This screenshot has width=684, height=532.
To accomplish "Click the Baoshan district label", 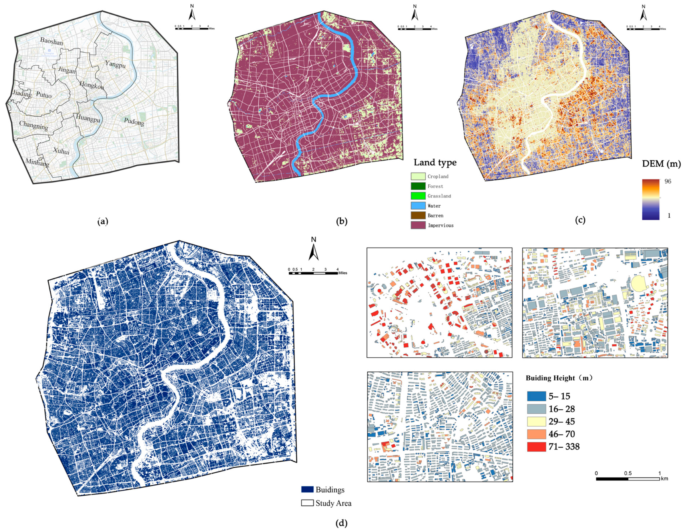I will click(x=51, y=41).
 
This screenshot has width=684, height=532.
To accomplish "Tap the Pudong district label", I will click(x=134, y=122).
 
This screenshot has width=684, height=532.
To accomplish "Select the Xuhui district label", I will click(x=61, y=151).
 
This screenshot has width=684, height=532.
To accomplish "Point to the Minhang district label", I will click(x=37, y=163).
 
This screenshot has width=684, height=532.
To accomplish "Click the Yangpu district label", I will click(x=115, y=64).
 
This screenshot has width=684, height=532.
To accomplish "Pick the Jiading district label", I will click(x=22, y=93).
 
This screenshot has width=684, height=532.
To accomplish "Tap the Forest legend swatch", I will click(x=418, y=186).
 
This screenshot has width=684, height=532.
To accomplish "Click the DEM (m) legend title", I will click(x=661, y=164).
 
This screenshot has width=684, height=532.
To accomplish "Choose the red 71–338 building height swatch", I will click(x=536, y=447).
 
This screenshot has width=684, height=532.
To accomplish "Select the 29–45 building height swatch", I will click(x=536, y=421).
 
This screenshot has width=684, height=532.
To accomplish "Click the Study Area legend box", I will click(x=307, y=503).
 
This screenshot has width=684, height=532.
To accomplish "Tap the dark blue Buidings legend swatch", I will click(x=307, y=489).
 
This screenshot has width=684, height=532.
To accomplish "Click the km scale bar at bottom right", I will click(x=628, y=479).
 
